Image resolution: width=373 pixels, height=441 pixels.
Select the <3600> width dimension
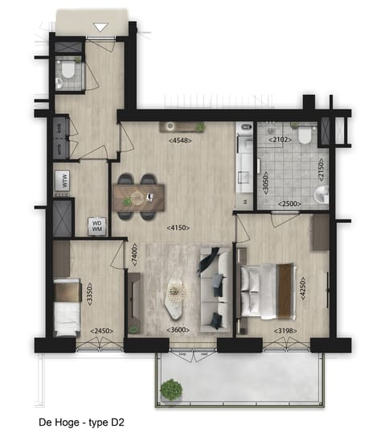click(x=178, y=331)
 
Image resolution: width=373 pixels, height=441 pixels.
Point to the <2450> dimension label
click(x=101, y=331)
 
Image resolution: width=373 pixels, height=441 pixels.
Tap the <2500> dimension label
click(x=290, y=204)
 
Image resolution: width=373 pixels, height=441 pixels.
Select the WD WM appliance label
click(x=96, y=226)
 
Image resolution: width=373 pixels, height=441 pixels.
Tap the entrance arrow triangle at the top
click(x=100, y=28)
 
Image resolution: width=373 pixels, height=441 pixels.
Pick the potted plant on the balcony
click(x=170, y=390)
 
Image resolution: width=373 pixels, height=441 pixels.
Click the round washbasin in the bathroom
click(x=322, y=194)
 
